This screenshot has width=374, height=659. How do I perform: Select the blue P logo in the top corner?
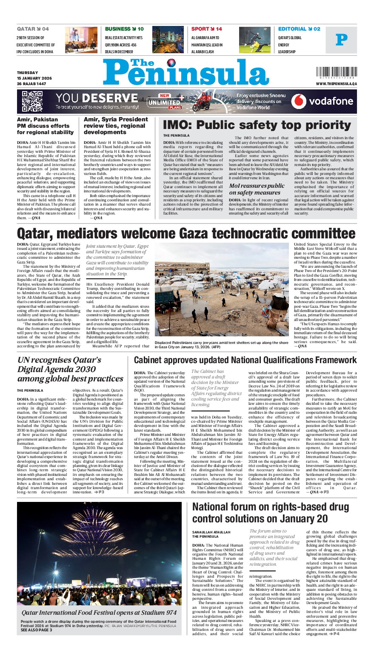click(x=341, y=40)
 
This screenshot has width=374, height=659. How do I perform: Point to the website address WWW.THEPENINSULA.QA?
click(x=337, y=84)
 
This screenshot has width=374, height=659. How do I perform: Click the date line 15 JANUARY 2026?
click(x=34, y=78)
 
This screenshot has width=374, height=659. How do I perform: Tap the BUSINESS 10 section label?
click(x=124, y=29)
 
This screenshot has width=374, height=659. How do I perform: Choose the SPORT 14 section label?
click(x=207, y=29)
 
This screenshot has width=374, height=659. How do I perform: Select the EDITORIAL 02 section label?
click(x=299, y=29)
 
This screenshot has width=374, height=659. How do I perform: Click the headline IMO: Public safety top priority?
click(x=257, y=125)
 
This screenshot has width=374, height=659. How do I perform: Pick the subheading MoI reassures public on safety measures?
click(x=257, y=189)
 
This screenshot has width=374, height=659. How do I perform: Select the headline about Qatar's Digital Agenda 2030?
click(x=70, y=369)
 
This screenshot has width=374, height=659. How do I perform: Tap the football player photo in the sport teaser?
click(x=254, y=40)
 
